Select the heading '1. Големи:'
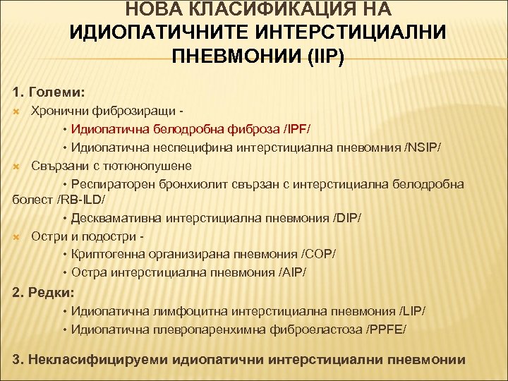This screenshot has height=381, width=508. [x=49, y=92]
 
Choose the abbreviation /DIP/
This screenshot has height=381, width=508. [x=341, y=219]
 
